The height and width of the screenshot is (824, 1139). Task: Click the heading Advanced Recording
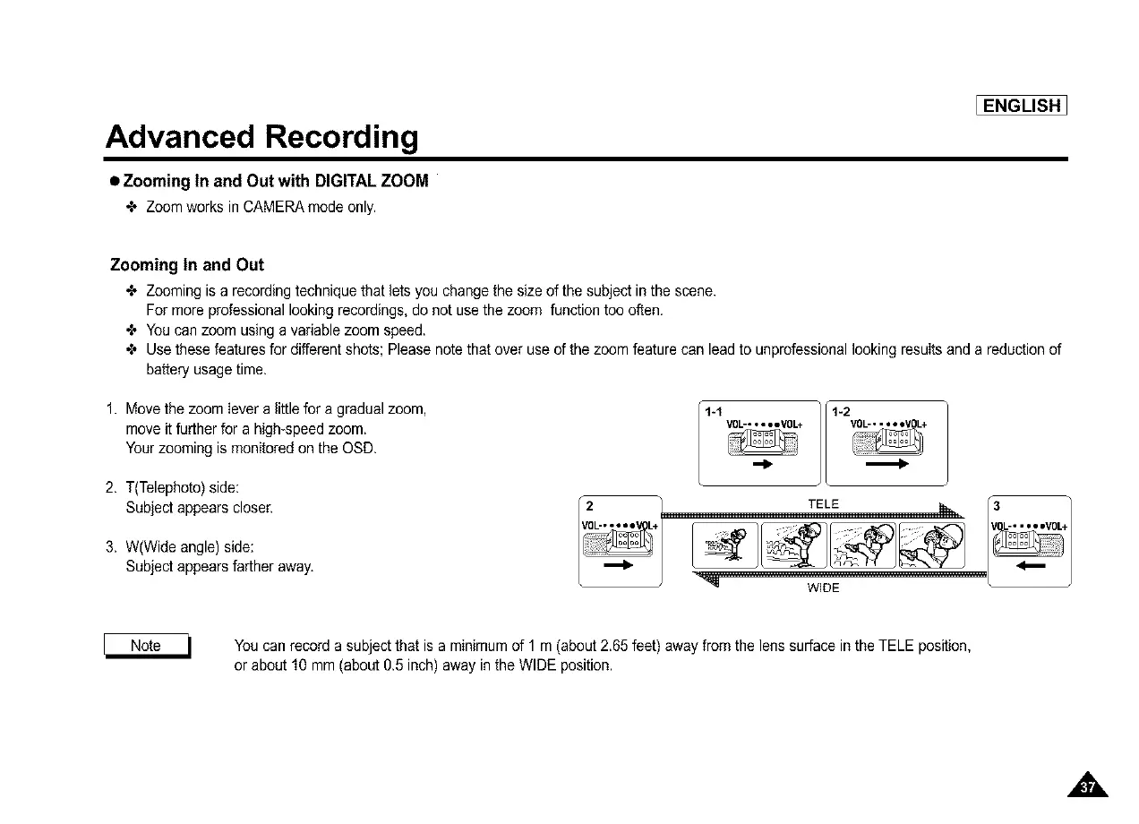coord(261,136)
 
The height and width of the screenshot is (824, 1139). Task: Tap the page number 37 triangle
coord(1088,787)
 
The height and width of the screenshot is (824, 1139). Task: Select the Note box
coord(146,646)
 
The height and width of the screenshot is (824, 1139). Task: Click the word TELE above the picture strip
coord(823,504)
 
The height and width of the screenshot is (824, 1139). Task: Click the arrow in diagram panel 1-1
coord(762,465)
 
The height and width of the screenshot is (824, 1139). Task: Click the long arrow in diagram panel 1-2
coord(887,465)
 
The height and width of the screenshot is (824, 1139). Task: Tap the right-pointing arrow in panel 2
coord(619,566)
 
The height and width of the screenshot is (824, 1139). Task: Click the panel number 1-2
coord(841,412)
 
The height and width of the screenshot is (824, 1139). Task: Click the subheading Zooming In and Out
coord(186,265)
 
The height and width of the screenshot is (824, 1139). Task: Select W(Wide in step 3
coord(160,546)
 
